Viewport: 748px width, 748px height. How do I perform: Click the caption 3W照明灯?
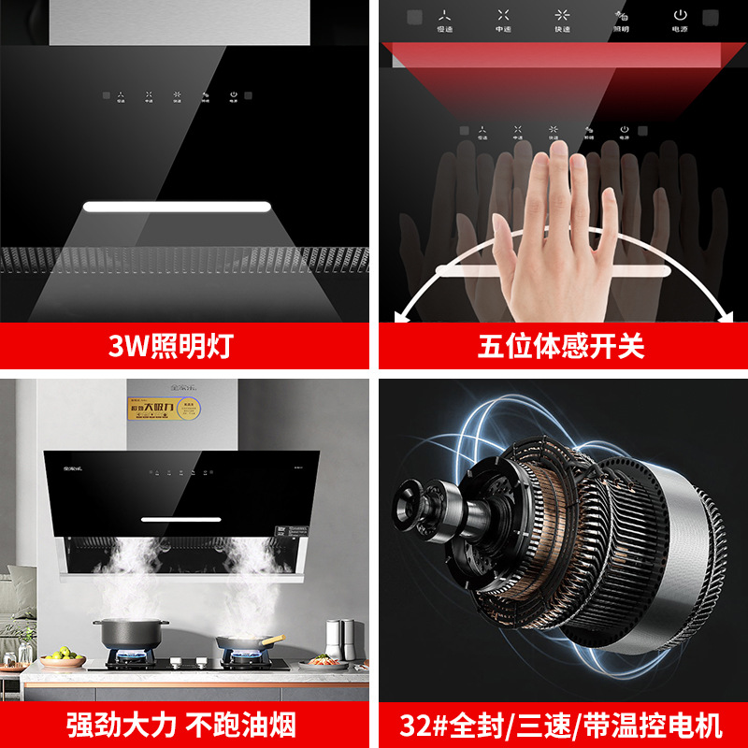183,347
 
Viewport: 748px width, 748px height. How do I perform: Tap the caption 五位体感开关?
561,347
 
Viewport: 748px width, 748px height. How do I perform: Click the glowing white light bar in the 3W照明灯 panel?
178,207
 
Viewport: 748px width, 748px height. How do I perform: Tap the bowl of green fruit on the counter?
63,660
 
